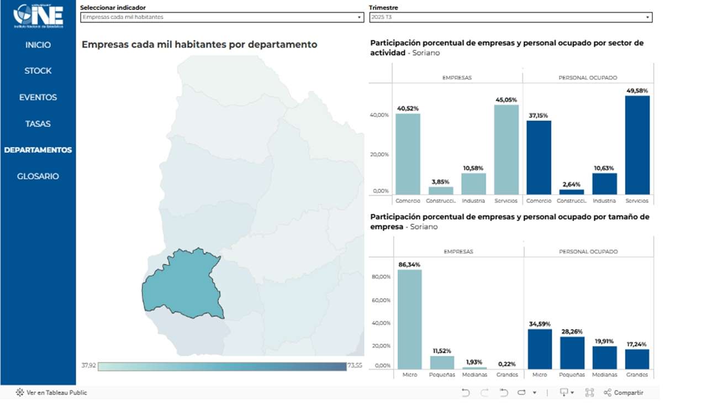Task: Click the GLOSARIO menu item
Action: coord(38,176)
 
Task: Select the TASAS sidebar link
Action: coord(38,124)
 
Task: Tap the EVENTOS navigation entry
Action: coord(38,97)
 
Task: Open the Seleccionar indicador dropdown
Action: coord(221,17)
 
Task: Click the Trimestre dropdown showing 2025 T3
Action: coord(510,17)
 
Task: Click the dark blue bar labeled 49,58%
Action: coord(637,145)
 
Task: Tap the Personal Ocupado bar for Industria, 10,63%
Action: coord(604,183)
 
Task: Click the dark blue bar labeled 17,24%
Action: coord(637,359)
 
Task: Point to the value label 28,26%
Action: coord(572,332)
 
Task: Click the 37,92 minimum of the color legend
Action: coord(88,366)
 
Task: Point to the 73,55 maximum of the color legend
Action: coord(355,366)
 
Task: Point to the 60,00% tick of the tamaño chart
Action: coord(382,300)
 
